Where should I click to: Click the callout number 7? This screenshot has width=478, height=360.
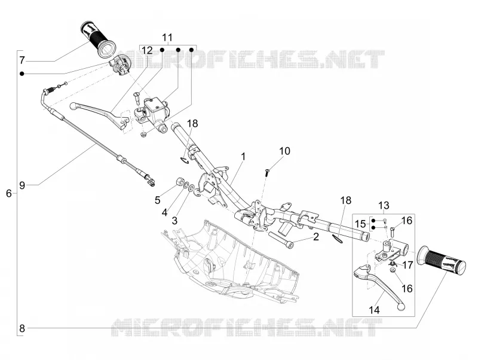(x=22, y=60)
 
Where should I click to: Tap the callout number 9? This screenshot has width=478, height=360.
(x=22, y=185)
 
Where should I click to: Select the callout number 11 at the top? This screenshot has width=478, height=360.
(x=167, y=38)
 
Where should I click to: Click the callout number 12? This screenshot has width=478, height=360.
(x=147, y=50)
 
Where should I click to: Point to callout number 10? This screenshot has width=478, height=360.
(x=285, y=151)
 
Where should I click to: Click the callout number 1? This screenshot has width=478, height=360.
(x=243, y=157)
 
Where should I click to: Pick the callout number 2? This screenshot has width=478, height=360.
(x=316, y=236)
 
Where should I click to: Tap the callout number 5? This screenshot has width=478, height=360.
(x=157, y=200)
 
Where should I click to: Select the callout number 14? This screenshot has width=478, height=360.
(x=375, y=310)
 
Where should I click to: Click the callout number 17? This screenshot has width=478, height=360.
(x=407, y=265)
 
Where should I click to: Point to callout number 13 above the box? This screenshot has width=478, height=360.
(x=384, y=205)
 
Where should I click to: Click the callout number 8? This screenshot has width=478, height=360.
(x=22, y=328)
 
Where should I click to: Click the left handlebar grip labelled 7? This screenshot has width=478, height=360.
(x=98, y=39)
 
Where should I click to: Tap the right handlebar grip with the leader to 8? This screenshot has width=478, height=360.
(x=442, y=260)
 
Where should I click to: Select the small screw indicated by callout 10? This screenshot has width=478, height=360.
(x=266, y=172)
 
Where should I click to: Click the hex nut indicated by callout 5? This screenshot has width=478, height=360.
(x=180, y=182)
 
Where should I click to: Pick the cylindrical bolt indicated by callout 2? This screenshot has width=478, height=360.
(x=281, y=240)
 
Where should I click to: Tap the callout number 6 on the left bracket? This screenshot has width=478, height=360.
(x=9, y=193)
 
